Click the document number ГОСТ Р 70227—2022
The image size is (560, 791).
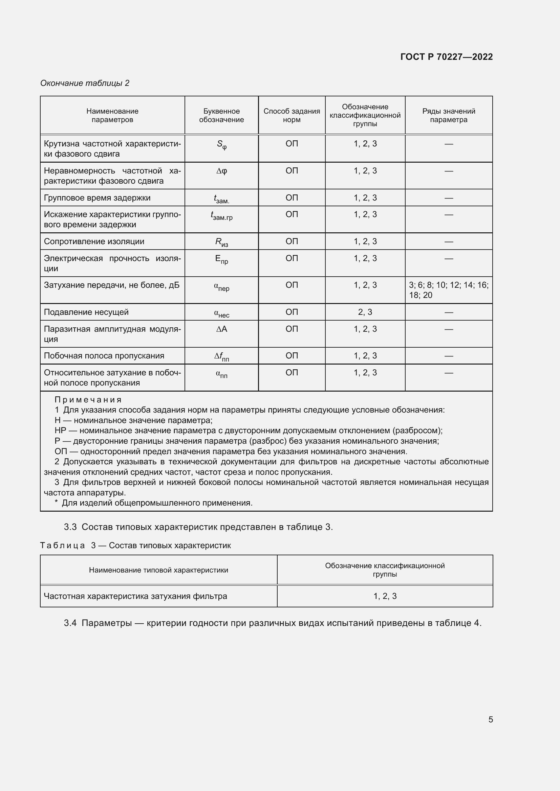point(446,57)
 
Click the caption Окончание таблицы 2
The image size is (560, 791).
point(85,83)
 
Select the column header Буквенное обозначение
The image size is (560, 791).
point(221,115)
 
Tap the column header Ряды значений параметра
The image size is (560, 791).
point(448,115)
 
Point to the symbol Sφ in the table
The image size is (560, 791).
point(222,145)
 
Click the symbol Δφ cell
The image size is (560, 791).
point(222,171)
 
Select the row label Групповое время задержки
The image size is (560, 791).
point(97,198)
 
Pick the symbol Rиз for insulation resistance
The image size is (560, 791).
point(222,242)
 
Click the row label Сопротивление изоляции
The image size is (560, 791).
point(94,241)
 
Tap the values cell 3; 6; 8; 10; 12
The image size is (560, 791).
point(448,290)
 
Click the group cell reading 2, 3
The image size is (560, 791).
point(365,312)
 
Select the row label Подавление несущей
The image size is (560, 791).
point(86,312)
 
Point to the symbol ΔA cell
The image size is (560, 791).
point(222,329)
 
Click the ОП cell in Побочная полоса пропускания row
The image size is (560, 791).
point(292,356)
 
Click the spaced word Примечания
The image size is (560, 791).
point(88,400)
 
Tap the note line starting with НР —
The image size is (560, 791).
point(248,431)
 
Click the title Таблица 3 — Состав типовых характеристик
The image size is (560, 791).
point(135,545)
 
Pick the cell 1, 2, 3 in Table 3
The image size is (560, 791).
point(385,596)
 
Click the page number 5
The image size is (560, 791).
point(490,720)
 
